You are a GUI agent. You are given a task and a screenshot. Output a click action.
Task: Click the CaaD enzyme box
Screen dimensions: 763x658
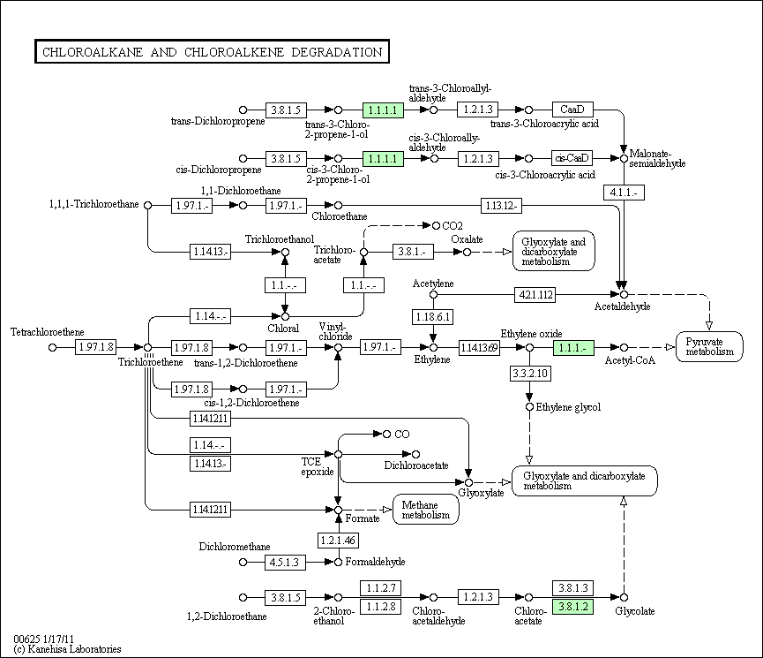point(572,110)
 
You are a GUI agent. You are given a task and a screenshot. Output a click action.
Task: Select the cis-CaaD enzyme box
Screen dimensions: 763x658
point(572,158)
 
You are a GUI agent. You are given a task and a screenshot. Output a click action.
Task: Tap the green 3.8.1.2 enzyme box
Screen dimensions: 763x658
point(573,607)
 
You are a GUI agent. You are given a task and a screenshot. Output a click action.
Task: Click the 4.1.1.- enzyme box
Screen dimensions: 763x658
point(624,193)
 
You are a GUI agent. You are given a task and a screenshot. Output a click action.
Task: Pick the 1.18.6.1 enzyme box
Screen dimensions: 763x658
point(433,317)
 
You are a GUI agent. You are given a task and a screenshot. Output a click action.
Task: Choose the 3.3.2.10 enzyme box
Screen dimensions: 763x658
point(530,374)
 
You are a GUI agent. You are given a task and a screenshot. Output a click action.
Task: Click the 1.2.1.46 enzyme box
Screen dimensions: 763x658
point(338,540)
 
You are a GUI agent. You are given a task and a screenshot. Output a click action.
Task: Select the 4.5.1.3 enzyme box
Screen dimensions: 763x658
point(285,562)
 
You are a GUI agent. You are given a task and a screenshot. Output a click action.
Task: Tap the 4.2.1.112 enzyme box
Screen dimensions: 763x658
point(535,294)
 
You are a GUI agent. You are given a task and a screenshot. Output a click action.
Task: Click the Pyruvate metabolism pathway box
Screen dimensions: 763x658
point(709,346)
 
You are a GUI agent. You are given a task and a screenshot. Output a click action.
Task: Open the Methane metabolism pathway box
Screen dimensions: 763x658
point(426,510)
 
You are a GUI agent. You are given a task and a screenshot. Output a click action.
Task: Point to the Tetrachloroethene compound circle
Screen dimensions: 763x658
point(53,347)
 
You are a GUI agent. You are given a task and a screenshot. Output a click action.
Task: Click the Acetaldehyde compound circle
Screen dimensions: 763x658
point(624,294)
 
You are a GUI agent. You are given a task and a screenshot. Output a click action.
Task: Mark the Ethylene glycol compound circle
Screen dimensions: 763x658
point(529,407)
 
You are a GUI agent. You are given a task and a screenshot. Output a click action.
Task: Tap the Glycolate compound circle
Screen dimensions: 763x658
point(624,598)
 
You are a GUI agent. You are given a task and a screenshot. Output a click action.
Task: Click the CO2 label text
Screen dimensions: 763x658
point(453,226)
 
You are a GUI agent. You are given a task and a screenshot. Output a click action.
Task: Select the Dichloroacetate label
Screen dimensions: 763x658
point(416,465)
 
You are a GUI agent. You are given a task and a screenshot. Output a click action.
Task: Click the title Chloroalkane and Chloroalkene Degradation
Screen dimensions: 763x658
point(213,51)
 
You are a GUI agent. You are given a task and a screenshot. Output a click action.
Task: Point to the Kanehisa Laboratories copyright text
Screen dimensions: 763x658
point(67,649)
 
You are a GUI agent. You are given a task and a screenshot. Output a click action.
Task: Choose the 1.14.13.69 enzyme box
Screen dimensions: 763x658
point(479,347)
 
